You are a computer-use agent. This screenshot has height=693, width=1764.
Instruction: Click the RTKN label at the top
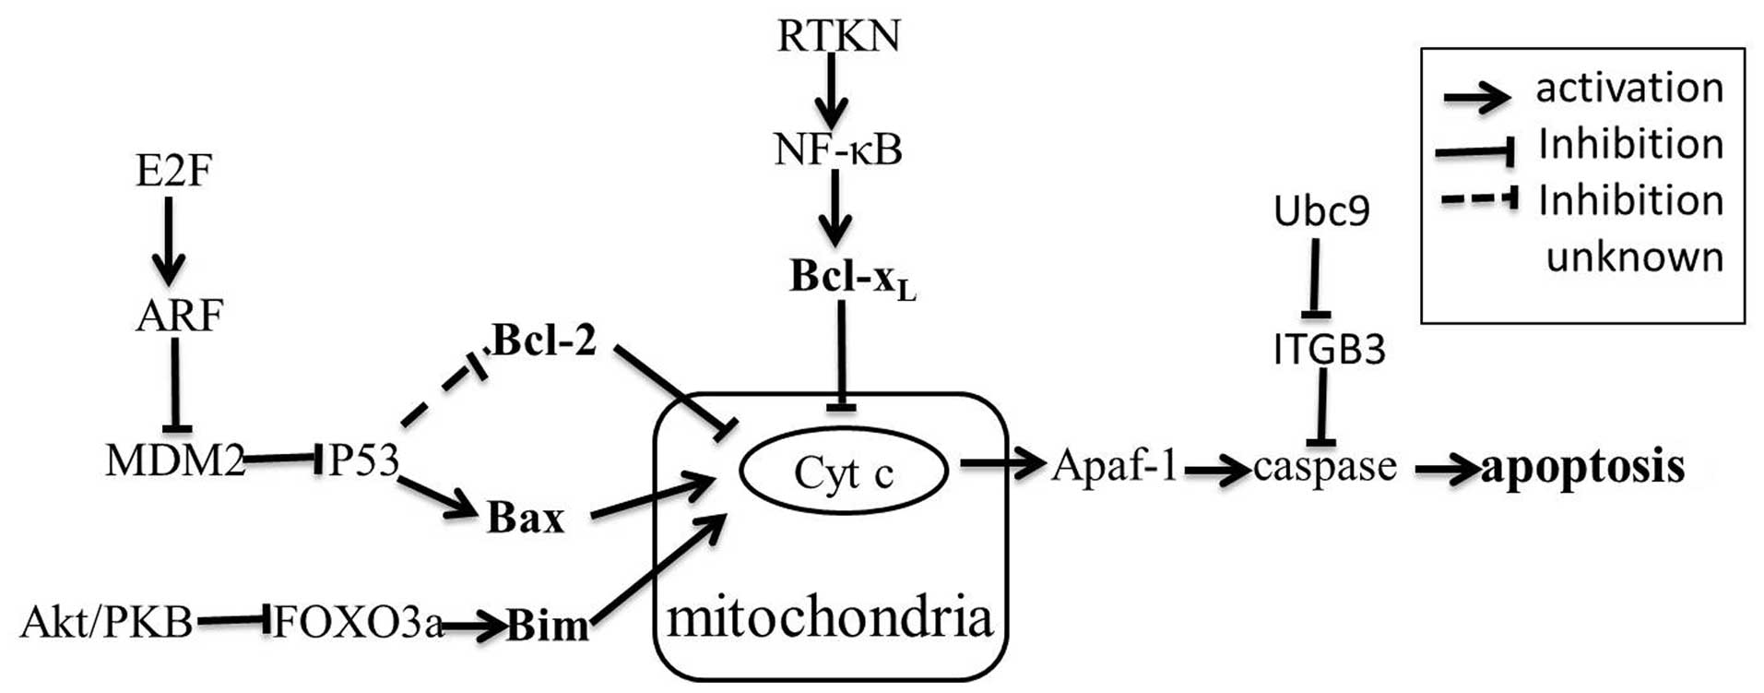(838, 36)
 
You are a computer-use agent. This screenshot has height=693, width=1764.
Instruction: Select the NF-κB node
(838, 149)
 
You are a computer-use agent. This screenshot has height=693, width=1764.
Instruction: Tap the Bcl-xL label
(851, 277)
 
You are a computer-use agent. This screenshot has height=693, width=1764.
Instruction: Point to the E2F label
(173, 171)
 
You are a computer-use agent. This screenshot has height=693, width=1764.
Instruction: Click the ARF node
(179, 316)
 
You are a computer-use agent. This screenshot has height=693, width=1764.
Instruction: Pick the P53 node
(363, 460)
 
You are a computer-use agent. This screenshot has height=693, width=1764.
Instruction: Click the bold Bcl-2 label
(544, 341)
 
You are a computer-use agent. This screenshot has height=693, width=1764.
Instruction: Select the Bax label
(525, 518)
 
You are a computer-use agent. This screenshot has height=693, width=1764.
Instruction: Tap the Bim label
(548, 627)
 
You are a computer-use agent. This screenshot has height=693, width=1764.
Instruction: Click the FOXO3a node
(358, 623)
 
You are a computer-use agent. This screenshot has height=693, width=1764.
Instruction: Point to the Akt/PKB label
(107, 623)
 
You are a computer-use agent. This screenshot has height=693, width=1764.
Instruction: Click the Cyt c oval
(843, 472)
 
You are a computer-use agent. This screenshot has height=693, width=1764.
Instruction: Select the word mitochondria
(830, 617)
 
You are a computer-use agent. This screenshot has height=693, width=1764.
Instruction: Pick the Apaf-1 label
(1115, 466)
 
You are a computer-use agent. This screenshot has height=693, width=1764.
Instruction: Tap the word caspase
(1325, 467)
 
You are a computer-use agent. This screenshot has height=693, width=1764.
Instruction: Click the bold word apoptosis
(1582, 467)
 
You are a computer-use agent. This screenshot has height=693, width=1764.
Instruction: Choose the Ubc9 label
(1321, 211)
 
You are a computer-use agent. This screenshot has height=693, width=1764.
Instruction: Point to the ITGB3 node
(1329, 350)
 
